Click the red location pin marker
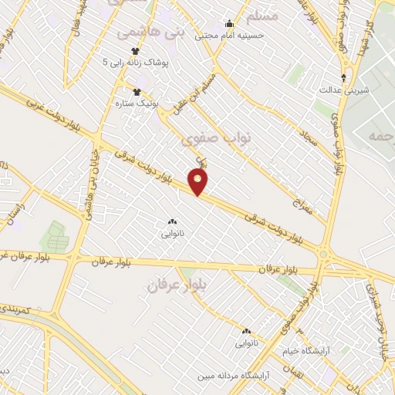click(x=199, y=183)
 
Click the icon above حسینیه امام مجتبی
click(x=228, y=23)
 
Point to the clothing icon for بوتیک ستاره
click(x=137, y=92)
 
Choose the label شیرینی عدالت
click(x=345, y=90)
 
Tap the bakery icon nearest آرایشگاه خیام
click(x=245, y=331)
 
